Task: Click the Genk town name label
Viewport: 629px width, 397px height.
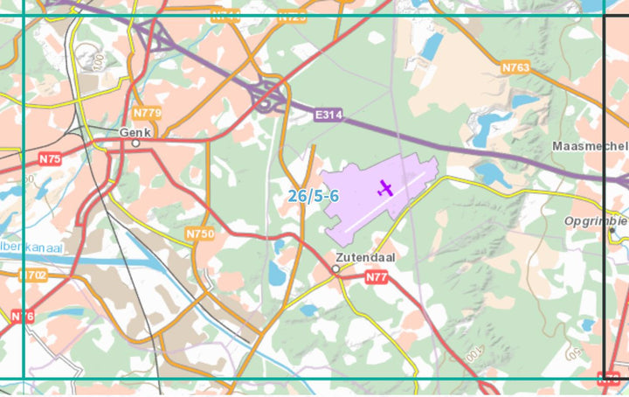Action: [x=135, y=132]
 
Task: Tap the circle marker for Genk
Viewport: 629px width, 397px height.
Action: [x=135, y=143]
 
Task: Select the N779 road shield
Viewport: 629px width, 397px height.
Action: [x=147, y=113]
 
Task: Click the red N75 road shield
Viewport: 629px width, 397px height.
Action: [x=50, y=159]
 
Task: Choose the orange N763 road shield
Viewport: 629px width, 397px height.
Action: [x=516, y=66]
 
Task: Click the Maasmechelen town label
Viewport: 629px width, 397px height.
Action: [x=591, y=145]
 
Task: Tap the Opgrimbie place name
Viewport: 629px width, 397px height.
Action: [x=596, y=220]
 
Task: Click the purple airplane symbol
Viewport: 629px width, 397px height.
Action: [x=385, y=187]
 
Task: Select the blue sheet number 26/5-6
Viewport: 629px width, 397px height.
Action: [x=314, y=196]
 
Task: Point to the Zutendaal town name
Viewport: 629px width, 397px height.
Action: [x=364, y=258]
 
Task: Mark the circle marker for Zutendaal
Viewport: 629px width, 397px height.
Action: [x=335, y=269]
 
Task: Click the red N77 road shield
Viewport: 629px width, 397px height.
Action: [x=377, y=277]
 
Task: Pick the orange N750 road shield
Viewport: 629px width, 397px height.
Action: [x=199, y=234]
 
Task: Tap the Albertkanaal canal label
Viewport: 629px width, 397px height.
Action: [x=31, y=248]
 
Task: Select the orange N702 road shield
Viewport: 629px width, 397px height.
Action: [x=34, y=275]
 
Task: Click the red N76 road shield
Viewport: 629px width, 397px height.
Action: [x=22, y=316]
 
